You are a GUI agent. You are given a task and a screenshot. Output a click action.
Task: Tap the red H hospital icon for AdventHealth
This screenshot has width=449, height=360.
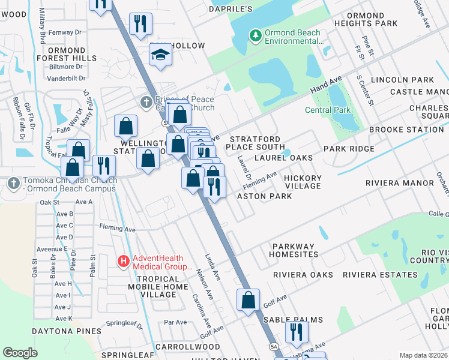point(124,261)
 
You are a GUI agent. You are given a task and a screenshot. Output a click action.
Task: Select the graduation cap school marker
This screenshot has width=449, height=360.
point(161,55)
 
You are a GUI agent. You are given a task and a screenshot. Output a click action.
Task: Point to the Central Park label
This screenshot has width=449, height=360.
point(327,110)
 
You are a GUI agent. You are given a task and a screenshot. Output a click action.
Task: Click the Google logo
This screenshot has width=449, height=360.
point(20,353)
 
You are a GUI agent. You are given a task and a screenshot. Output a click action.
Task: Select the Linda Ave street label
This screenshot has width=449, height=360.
point(212,266)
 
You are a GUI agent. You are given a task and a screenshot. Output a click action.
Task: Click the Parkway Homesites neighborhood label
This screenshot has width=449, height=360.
point(293,250)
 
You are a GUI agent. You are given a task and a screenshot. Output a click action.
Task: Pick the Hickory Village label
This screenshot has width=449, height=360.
point(303,182)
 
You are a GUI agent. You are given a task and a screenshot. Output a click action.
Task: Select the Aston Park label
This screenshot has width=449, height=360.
point(264,196)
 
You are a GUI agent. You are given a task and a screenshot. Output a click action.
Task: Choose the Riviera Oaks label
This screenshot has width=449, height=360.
point(303,275)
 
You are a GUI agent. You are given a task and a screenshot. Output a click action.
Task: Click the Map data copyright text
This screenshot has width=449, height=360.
point(423,355)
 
